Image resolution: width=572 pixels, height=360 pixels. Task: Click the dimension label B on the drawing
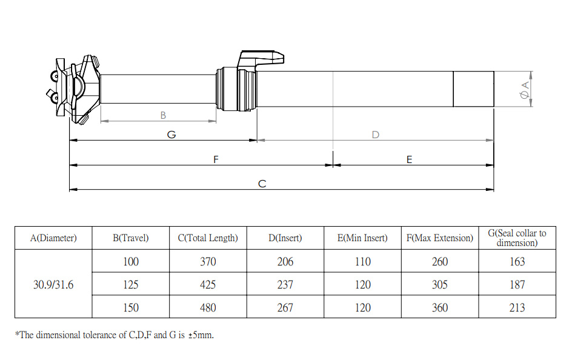pyautogui.click(x=163, y=115)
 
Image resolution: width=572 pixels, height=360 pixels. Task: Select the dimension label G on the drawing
pyautogui.click(x=171, y=135)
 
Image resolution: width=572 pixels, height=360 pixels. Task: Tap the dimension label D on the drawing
pyautogui.click(x=375, y=135)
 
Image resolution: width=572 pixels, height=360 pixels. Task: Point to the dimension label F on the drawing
pyautogui.click(x=216, y=159)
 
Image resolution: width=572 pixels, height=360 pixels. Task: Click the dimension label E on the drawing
pyautogui.click(x=410, y=159)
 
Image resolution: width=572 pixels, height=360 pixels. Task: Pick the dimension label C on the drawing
pyautogui.click(x=262, y=184)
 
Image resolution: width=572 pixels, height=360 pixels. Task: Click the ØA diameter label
pyautogui.click(x=525, y=90)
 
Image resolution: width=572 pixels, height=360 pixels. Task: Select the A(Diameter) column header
pyautogui.click(x=53, y=238)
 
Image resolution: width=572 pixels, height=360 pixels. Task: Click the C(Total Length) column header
pyautogui.click(x=208, y=238)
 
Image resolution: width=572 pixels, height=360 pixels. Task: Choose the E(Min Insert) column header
pyautogui.click(x=362, y=238)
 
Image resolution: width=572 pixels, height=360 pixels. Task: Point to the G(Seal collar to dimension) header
pyautogui.click(x=517, y=238)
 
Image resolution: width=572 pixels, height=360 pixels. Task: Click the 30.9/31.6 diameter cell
pyautogui.click(x=53, y=284)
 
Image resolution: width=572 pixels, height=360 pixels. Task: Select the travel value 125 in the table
pyautogui.click(x=130, y=284)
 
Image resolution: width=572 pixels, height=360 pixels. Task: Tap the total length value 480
pyautogui.click(x=208, y=307)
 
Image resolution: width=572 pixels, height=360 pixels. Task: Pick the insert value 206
pyautogui.click(x=285, y=262)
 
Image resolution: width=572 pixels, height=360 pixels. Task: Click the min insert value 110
pyautogui.click(x=362, y=262)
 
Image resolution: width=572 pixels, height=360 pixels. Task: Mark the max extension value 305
pyautogui.click(x=440, y=284)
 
